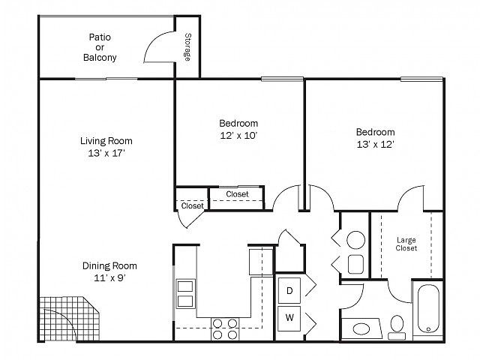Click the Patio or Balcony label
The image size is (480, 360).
tap(100, 47)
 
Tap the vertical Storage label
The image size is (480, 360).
tap(187, 46)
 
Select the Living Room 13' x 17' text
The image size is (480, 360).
tap(106, 147)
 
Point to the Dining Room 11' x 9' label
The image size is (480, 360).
tap(109, 271)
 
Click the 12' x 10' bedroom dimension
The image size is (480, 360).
tap(238, 135)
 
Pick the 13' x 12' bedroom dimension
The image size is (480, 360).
tap(375, 144)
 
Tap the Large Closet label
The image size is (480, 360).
tap(406, 244)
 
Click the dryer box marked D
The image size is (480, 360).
tap(289, 290)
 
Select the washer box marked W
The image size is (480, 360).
tap(289, 318)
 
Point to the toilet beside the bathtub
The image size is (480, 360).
tap(397, 328)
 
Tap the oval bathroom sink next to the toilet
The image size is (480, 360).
tap(361, 329)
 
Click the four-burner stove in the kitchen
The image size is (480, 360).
tap(225, 328)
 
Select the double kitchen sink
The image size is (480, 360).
tap(185, 294)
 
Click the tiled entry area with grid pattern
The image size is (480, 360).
tap(69, 318)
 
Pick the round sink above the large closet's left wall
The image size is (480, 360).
tap(355, 240)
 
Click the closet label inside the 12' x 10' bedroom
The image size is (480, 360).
tap(237, 194)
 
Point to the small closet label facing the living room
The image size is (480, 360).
tap(192, 205)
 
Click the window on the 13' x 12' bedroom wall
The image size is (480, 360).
tap(421, 79)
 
